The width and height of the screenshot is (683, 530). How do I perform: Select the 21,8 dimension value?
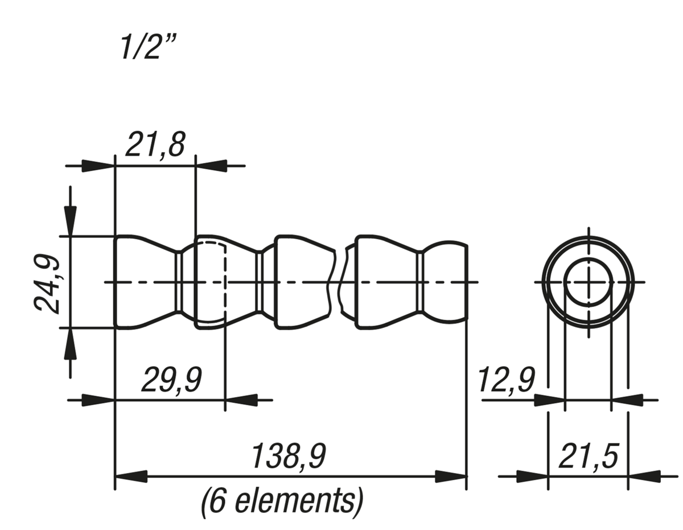click(x=155, y=145)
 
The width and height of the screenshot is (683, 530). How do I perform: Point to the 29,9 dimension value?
click(x=171, y=380)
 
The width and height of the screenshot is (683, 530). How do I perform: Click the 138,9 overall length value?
click(x=289, y=456)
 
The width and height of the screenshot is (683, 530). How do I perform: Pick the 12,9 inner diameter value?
click(x=506, y=380)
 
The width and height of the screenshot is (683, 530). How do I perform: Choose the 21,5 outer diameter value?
click(x=589, y=456)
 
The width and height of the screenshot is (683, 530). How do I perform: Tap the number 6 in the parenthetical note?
click(x=217, y=502)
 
